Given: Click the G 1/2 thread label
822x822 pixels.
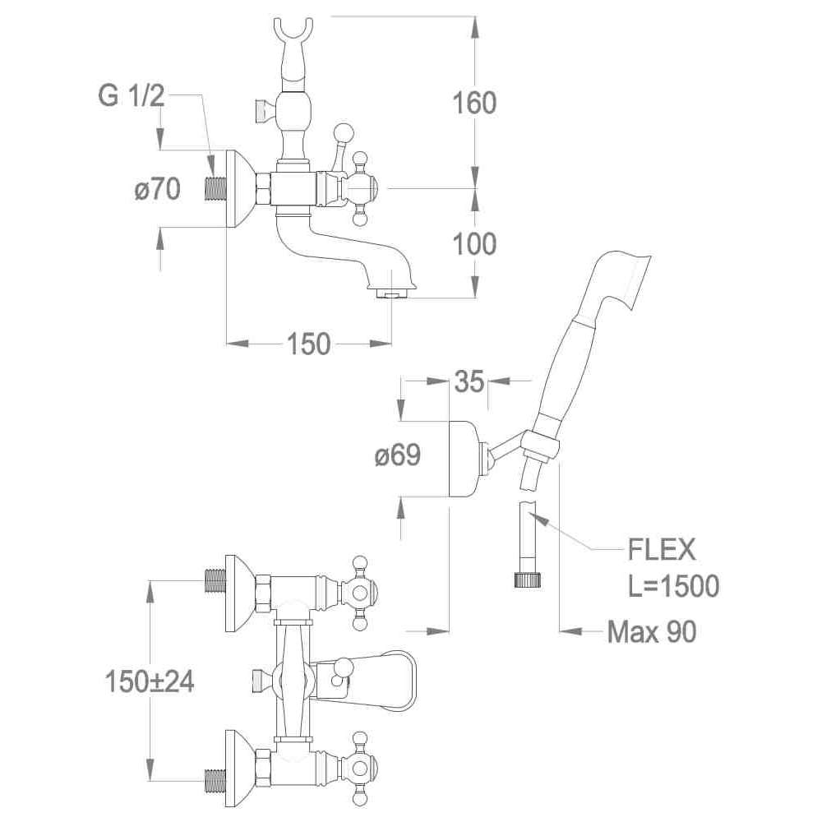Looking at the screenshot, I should pos(132,97).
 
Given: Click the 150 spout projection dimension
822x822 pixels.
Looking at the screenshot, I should pos(308,344).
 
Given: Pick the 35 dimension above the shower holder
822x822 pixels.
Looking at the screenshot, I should pos(468,381).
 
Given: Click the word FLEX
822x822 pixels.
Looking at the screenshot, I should pos(662,548).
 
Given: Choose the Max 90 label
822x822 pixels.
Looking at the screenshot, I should pos(652,631).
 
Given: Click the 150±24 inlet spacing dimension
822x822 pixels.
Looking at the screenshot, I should pos(150,681).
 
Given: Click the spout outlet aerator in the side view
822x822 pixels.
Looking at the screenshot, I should pos(391,293).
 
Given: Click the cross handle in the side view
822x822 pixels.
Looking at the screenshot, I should pos(360,188).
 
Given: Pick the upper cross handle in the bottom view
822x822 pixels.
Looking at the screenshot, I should pos(360,590).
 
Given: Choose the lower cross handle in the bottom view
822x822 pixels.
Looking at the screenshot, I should pos(360,765).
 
